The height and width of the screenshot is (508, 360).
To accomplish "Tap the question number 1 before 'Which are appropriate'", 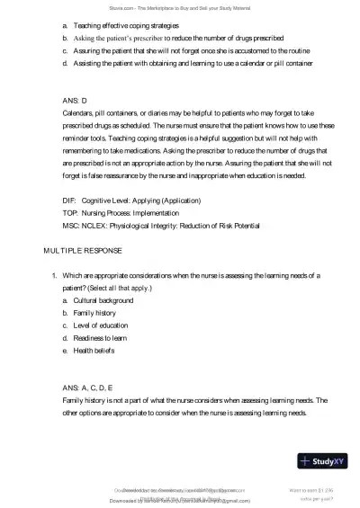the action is tap(54, 273).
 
